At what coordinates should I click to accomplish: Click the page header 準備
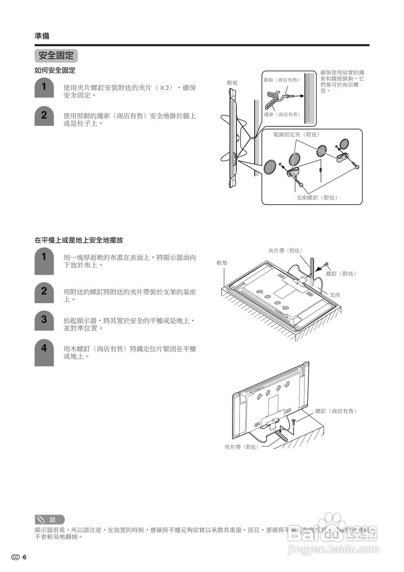tap(42, 36)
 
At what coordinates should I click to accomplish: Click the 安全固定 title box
tap(56, 56)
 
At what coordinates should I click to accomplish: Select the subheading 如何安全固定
tap(55, 71)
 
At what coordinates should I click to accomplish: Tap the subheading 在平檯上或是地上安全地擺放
tap(79, 240)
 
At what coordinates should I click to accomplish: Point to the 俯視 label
tap(232, 83)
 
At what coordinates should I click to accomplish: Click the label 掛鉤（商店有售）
tap(282, 80)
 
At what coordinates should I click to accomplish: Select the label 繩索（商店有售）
tap(282, 115)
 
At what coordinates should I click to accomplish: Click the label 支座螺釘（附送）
tap(317, 198)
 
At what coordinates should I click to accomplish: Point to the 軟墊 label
tap(222, 263)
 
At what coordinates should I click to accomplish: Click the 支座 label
tap(335, 295)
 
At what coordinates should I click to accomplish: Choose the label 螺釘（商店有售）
tap(336, 411)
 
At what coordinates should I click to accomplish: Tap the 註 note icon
tap(50, 520)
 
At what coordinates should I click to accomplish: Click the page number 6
tap(25, 557)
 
